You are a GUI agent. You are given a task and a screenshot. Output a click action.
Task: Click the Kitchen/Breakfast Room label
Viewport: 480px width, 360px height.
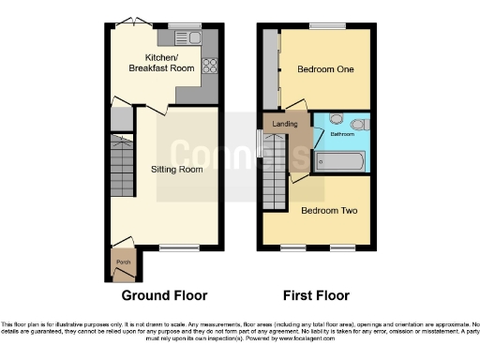tap(150, 63)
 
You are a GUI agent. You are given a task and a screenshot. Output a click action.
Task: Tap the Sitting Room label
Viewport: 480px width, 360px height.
tap(177, 170)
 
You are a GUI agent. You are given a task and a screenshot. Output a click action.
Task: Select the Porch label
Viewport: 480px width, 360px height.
tap(121, 262)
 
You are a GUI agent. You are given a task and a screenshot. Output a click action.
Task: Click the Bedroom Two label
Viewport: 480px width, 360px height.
tap(328, 210)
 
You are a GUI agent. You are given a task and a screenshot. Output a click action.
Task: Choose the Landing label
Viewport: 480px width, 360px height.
tap(284, 124)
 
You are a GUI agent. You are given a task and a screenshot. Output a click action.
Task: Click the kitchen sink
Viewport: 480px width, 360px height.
tap(191, 37)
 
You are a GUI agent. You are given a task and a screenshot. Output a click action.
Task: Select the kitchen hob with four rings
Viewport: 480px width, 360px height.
tap(209, 66)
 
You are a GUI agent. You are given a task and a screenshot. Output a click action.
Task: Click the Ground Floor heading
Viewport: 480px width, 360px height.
tap(164, 294)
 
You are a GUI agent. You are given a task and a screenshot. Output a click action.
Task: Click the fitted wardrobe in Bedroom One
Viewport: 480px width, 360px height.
tap(271, 67)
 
